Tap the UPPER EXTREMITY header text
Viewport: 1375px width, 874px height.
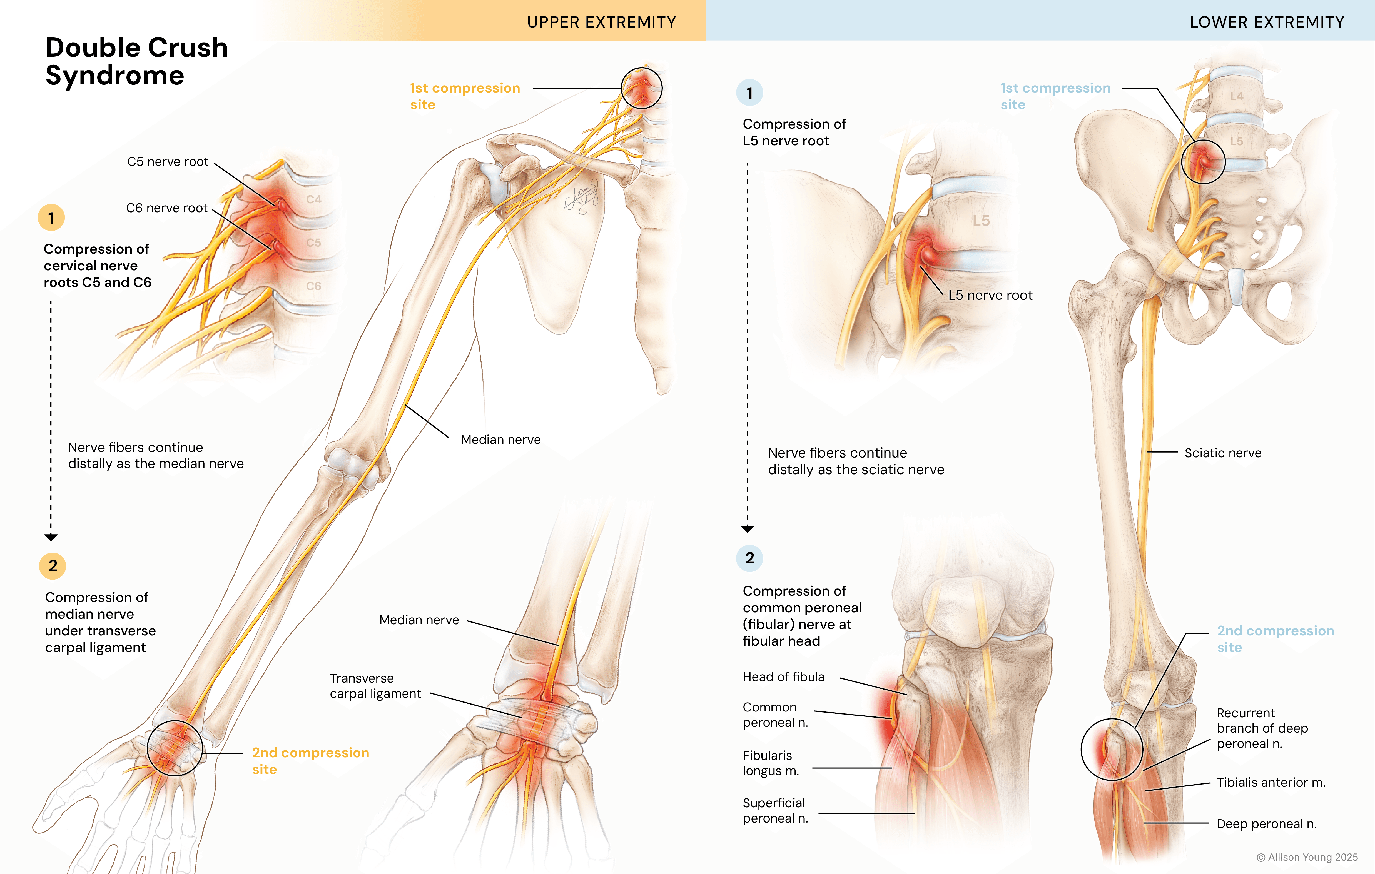click(x=601, y=22)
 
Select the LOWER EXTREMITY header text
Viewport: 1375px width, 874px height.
click(x=1267, y=22)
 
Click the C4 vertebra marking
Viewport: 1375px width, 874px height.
click(x=313, y=199)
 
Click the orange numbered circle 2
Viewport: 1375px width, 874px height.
click(x=53, y=566)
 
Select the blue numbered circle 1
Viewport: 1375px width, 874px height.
click(x=749, y=93)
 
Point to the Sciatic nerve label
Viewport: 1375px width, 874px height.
click(x=1222, y=453)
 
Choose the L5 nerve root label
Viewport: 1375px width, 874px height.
click(x=990, y=295)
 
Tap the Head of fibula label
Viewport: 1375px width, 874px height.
click(x=783, y=677)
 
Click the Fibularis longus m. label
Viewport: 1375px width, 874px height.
click(x=770, y=763)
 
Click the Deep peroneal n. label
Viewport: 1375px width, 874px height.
click(x=1266, y=824)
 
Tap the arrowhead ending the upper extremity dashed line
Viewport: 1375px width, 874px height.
click(x=51, y=537)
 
